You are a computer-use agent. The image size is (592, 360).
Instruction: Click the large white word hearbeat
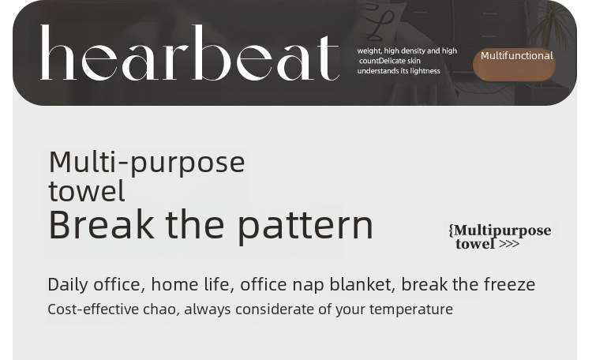[189, 53]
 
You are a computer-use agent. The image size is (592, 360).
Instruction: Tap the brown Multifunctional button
[514, 64]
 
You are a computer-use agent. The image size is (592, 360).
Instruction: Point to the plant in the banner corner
[552, 23]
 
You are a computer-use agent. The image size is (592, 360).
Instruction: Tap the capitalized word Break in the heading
[101, 225]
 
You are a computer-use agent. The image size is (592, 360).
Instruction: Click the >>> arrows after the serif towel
[509, 244]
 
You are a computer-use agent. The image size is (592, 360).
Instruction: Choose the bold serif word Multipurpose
[503, 231]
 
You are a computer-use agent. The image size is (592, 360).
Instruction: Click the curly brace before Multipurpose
[451, 230]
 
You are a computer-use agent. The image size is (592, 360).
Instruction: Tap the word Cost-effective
[93, 309]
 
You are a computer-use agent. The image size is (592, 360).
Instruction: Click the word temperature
[411, 309]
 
